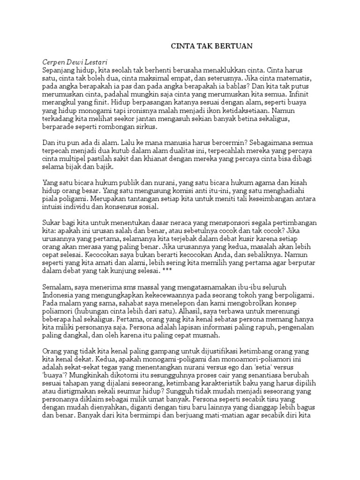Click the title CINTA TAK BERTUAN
211,46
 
